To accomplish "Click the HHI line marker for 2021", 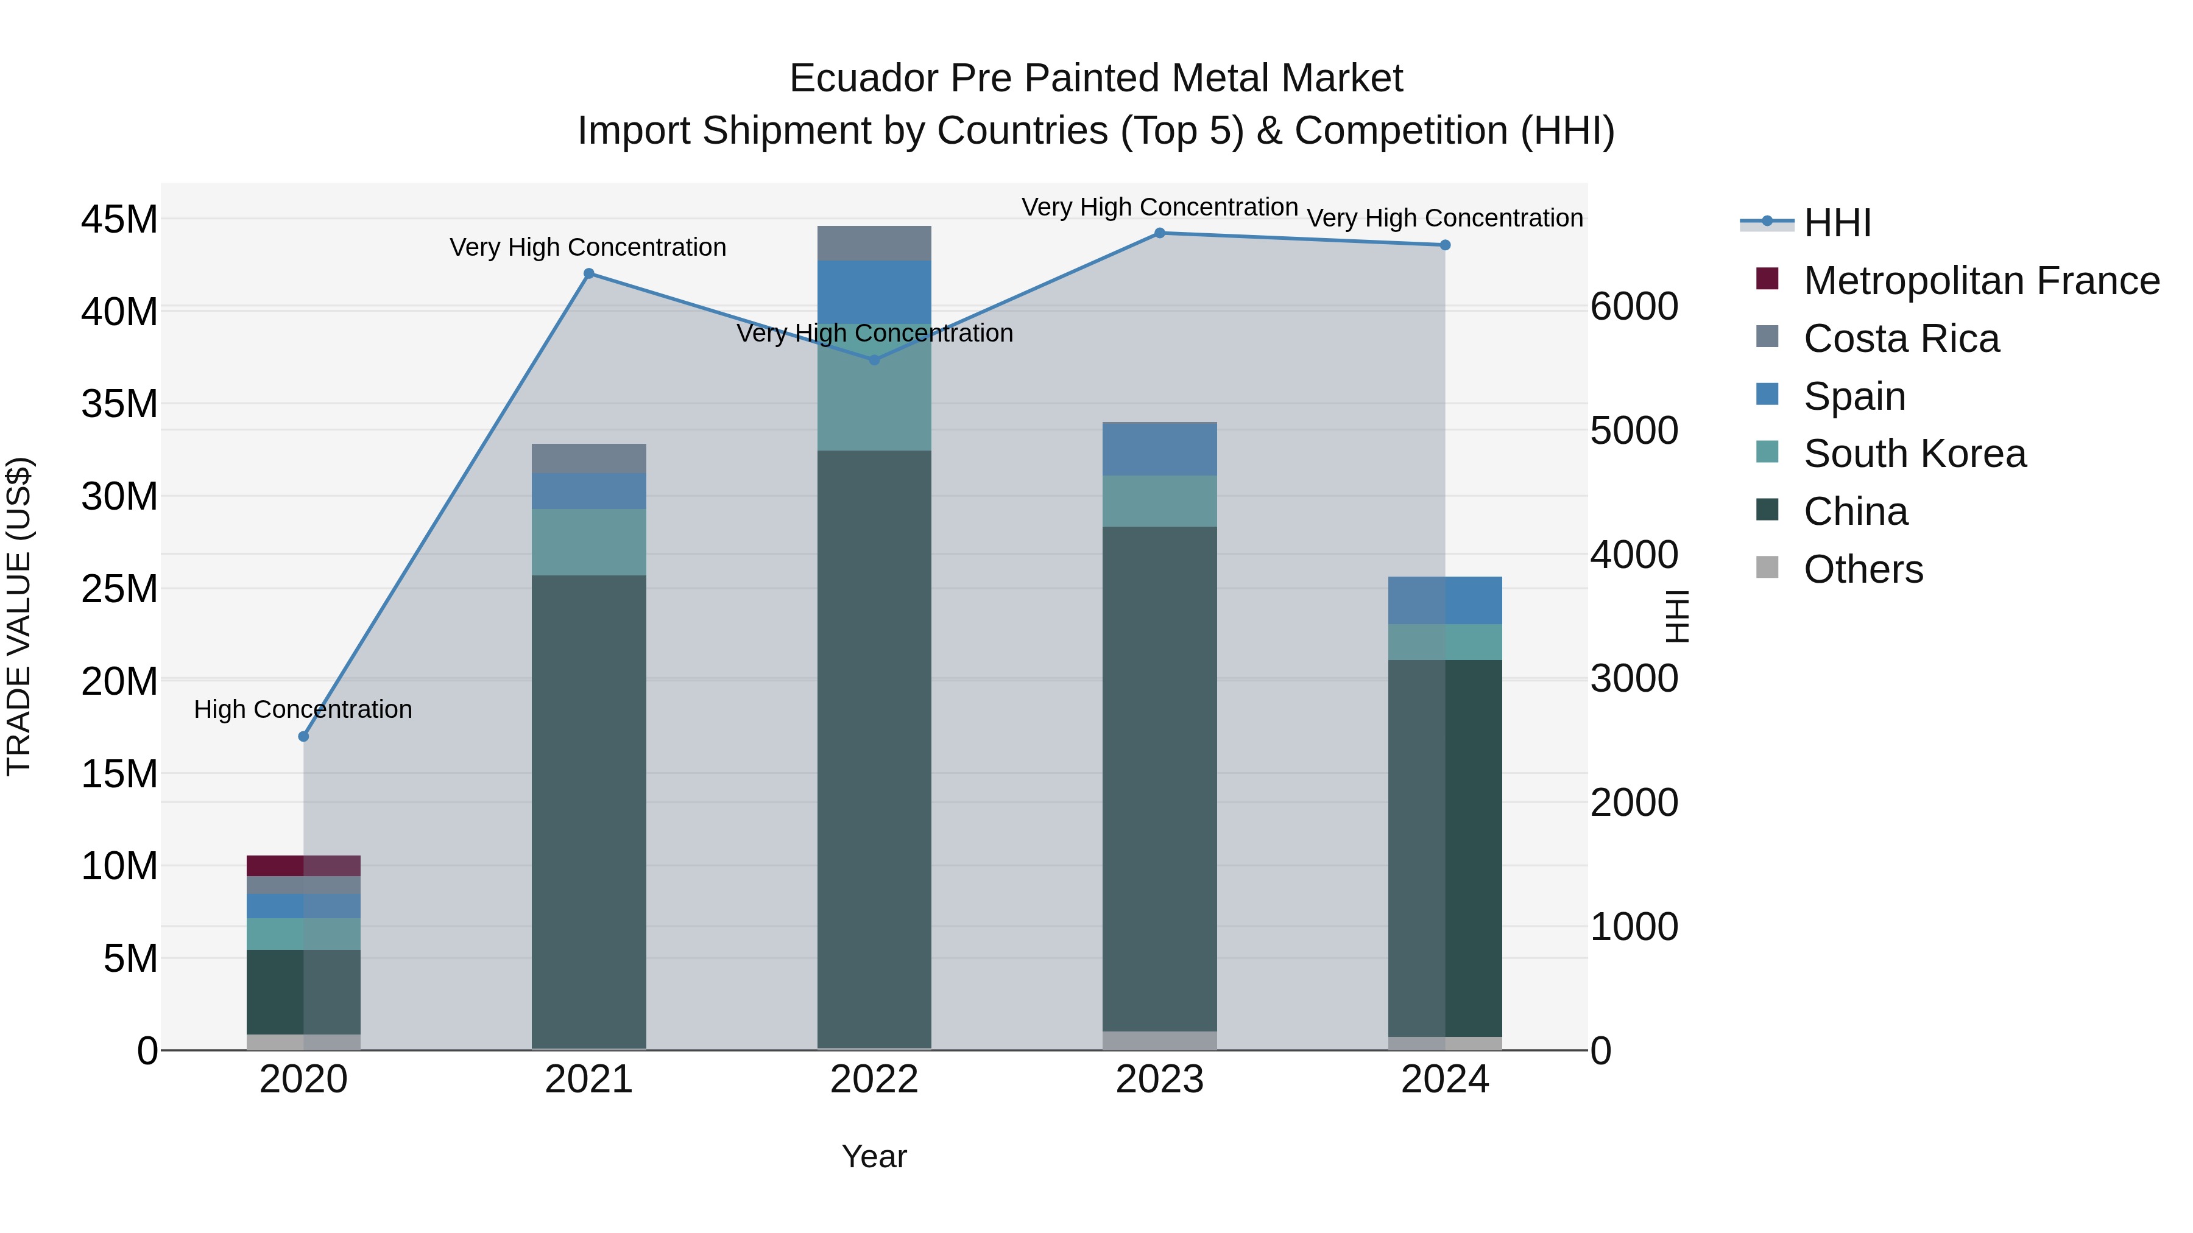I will [588, 273].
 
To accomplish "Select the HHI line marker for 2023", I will [1159, 233].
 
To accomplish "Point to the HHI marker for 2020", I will [303, 736].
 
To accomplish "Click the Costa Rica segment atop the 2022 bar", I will [874, 244].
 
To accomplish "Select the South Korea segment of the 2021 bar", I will [588, 542].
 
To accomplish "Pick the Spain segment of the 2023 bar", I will [1159, 448].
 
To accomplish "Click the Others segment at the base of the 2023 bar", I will [1159, 1040].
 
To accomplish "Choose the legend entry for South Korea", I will [1914, 454].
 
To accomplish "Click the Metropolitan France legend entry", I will [1981, 281].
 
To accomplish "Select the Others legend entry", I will [1863, 569].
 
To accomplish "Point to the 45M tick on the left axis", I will [119, 220].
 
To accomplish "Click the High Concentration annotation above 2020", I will [303, 709].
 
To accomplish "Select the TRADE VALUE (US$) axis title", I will [19, 616].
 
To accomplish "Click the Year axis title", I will [874, 1156].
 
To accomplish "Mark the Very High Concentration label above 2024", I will [1445, 218].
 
